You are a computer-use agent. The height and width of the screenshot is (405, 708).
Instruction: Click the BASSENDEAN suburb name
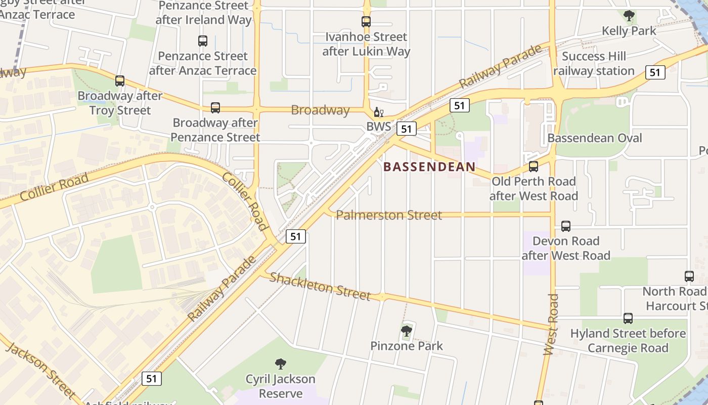click(429, 167)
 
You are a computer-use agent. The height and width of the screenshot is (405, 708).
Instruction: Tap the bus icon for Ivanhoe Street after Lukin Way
click(366, 22)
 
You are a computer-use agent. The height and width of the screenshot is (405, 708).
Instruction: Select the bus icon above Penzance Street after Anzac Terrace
click(203, 41)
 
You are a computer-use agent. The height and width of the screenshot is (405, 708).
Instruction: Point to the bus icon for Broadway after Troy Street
click(120, 81)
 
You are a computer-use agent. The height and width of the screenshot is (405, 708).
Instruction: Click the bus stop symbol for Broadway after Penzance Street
click(215, 108)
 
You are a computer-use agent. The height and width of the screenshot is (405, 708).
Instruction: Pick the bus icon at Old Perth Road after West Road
click(533, 167)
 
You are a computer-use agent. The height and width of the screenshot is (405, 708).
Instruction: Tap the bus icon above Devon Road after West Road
click(566, 226)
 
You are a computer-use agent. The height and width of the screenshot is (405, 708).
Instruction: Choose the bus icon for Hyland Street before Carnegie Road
click(628, 318)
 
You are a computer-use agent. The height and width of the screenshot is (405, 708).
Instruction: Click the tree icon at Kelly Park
click(629, 16)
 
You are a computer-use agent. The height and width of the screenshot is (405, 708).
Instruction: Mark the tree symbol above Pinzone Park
click(407, 332)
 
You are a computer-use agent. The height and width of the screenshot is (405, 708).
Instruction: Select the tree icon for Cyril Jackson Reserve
click(280, 364)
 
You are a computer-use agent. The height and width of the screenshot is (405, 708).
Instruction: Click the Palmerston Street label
click(389, 215)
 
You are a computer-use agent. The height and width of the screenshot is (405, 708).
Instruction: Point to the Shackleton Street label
click(320, 286)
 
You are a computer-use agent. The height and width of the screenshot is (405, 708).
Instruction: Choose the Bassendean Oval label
click(595, 138)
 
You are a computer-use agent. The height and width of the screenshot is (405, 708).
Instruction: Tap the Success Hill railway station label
click(594, 64)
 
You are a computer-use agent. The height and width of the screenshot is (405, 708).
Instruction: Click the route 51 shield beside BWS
click(407, 129)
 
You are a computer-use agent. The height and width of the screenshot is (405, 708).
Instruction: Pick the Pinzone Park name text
click(407, 346)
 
